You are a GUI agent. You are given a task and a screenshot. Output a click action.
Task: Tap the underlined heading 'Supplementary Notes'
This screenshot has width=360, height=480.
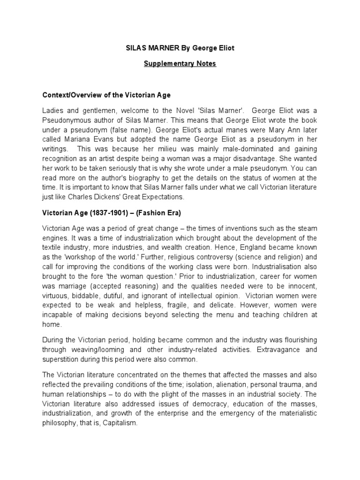[x=180, y=64]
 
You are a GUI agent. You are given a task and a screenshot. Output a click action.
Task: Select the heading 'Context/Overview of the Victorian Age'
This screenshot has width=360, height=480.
[x=106, y=95]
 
